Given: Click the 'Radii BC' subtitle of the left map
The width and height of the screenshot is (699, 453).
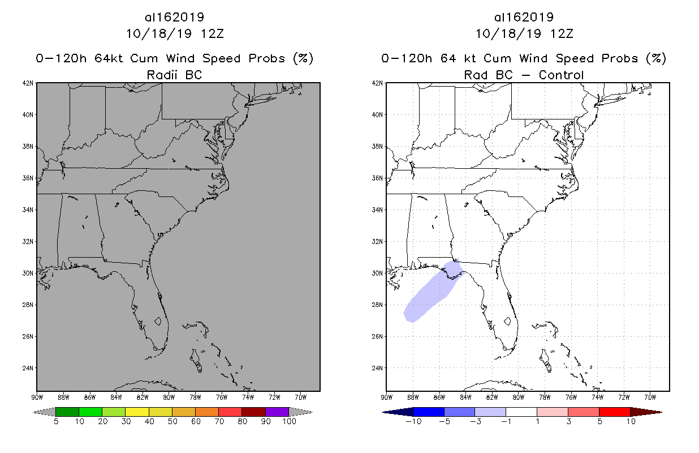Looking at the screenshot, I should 174,74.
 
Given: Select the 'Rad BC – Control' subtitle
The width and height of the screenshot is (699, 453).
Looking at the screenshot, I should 524,74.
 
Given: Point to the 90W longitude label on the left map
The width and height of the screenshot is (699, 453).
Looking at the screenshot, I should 37,396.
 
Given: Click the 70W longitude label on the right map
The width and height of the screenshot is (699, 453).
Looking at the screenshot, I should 650,396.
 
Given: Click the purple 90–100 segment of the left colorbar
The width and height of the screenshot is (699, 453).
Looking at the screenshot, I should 277,412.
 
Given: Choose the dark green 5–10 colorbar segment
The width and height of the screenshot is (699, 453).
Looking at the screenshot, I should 67,412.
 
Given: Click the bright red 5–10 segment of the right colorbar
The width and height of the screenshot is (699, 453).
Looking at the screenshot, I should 614,412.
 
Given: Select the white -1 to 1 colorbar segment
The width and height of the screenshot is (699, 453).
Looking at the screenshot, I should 521,412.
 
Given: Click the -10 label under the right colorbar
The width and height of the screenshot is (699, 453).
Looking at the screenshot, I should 412,421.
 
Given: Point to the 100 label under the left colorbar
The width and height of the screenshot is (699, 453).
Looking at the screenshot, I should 288,421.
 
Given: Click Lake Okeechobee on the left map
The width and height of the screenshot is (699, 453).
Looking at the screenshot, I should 159,320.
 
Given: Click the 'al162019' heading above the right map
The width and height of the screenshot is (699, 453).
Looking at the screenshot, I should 524,17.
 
